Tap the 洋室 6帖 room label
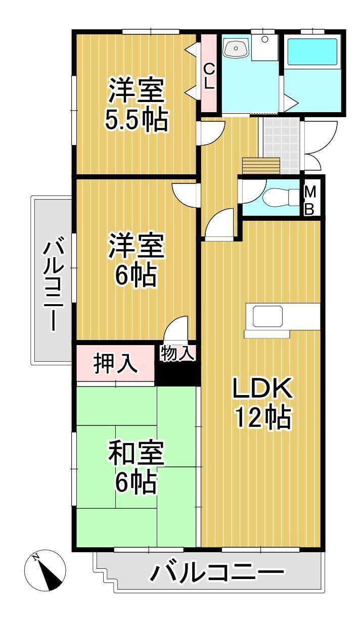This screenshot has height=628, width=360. [x=136, y=261]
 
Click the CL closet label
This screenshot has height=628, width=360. [x=208, y=76]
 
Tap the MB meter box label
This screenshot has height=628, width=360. [x=310, y=201]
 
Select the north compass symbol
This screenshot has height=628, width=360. [x=45, y=570]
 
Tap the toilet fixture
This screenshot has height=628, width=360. [x=279, y=196]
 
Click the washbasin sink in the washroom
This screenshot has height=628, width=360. [x=236, y=49]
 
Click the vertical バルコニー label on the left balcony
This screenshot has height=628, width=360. [x=53, y=285]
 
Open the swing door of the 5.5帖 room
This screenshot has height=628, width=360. [x=211, y=132]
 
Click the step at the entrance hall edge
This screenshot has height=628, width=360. [x=260, y=165]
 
